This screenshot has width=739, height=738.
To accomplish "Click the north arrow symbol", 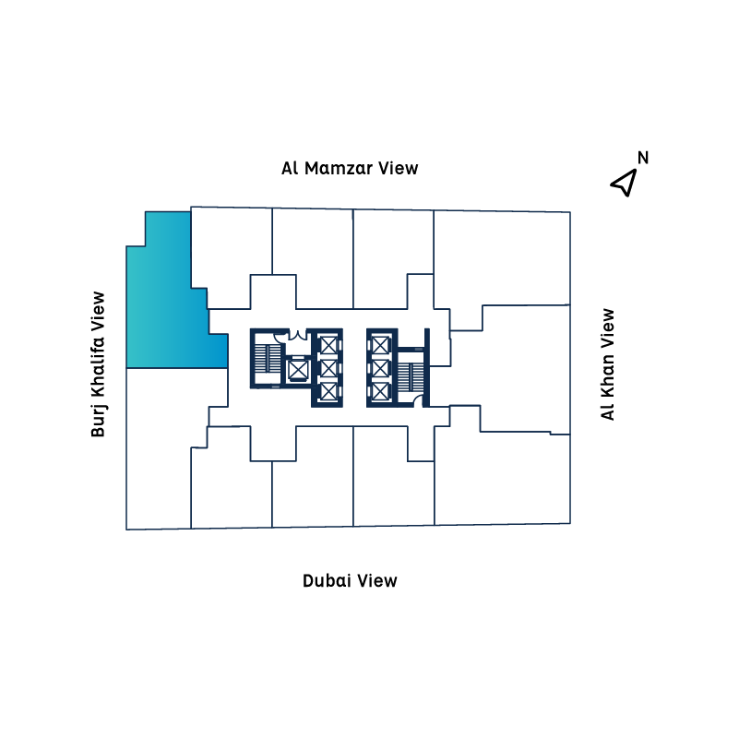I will tap(625, 183).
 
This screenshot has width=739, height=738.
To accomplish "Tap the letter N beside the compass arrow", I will tap(643, 158).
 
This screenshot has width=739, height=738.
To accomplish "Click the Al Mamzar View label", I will tap(350, 168).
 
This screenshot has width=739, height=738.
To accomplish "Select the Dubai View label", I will tap(350, 580).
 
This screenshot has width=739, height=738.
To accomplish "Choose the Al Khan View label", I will tap(607, 364).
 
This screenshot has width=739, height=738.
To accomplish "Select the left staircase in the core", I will tap(268, 360).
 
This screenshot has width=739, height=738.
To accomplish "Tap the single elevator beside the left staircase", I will tap(297, 370).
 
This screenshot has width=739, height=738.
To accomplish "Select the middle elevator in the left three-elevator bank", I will tap(328, 368).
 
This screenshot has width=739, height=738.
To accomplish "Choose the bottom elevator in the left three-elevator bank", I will tap(328, 391).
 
